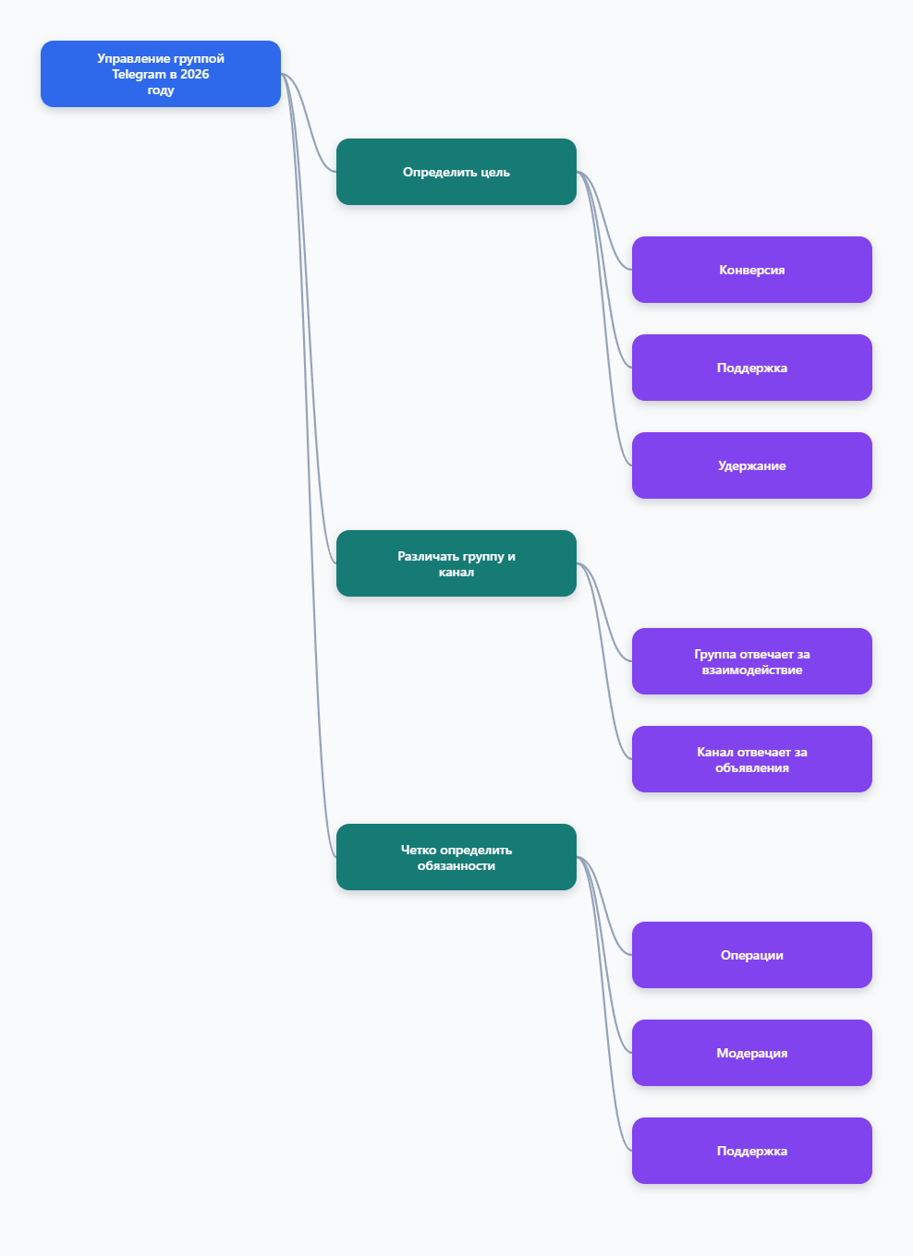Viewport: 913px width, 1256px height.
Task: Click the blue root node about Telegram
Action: pyautogui.click(x=161, y=74)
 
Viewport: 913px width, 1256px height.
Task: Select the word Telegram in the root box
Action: pyautogui.click(x=139, y=74)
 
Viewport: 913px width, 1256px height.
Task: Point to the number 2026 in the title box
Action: pyautogui.click(x=195, y=74)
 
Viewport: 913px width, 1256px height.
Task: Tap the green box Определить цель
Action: pyautogui.click(x=456, y=172)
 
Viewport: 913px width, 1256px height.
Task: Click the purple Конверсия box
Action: pyautogui.click(x=752, y=270)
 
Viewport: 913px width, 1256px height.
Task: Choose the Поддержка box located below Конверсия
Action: pyautogui.click(x=752, y=368)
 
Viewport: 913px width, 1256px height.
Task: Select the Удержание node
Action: pyautogui.click(x=752, y=465)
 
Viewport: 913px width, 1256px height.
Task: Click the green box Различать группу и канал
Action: pyautogui.click(x=456, y=563)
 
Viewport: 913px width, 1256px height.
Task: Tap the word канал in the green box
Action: pyautogui.click(x=456, y=572)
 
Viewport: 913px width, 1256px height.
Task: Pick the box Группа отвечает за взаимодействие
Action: pyautogui.click(x=752, y=661)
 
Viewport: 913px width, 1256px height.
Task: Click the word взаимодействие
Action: pyautogui.click(x=752, y=670)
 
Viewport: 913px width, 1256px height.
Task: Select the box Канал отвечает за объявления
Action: pyautogui.click(x=752, y=758)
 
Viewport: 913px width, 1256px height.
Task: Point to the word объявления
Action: pyautogui.click(x=752, y=767)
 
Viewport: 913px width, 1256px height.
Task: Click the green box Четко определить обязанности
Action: pyautogui.click(x=456, y=857)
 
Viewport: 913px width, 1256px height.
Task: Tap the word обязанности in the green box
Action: pyautogui.click(x=456, y=865)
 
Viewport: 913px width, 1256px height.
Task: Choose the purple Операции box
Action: pyautogui.click(x=752, y=955)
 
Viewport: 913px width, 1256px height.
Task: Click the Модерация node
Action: pyautogui.click(x=752, y=1053)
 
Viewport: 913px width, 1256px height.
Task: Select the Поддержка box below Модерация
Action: pyautogui.click(x=752, y=1151)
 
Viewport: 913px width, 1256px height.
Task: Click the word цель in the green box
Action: pyautogui.click(x=494, y=172)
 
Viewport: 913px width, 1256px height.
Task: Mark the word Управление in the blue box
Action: pyautogui.click(x=128, y=58)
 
